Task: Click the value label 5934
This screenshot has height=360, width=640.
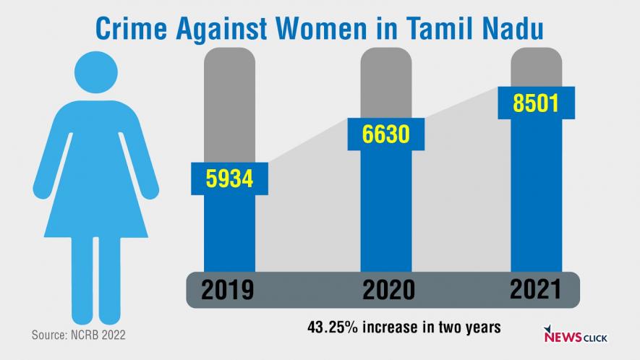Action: click(229, 178)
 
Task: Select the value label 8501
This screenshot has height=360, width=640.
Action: click(536, 103)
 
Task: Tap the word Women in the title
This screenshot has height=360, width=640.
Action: click(336, 30)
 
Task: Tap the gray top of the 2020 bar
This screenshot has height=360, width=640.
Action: click(386, 80)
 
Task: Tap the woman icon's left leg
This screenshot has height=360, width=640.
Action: click(82, 278)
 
